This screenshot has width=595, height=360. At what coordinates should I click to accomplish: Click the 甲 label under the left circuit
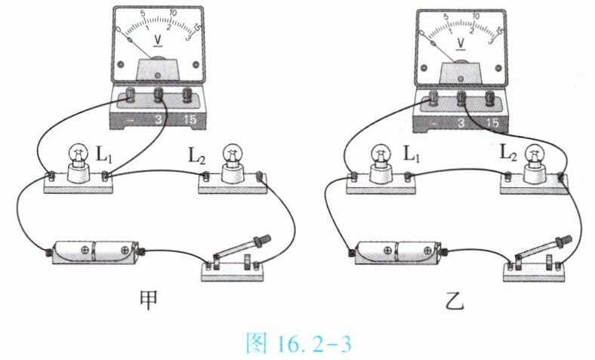point(148,301)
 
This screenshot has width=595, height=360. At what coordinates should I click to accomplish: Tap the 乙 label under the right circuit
point(455,302)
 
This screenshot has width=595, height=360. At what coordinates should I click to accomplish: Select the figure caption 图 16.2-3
point(299,343)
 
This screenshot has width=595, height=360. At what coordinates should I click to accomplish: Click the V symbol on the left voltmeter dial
point(158,40)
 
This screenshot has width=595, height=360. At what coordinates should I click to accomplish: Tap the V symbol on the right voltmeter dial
point(461,43)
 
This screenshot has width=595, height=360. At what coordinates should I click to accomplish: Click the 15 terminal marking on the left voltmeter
point(190,119)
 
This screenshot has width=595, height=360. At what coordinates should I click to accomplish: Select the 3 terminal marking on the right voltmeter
point(461,123)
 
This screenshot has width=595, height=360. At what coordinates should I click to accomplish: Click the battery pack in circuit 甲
point(95,251)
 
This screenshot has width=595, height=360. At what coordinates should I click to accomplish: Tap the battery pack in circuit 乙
point(398,252)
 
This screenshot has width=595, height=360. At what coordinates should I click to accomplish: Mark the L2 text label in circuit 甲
point(197,156)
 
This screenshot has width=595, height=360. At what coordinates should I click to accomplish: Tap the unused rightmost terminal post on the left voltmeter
point(187,95)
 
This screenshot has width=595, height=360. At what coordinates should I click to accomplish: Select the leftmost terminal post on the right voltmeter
point(432,99)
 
